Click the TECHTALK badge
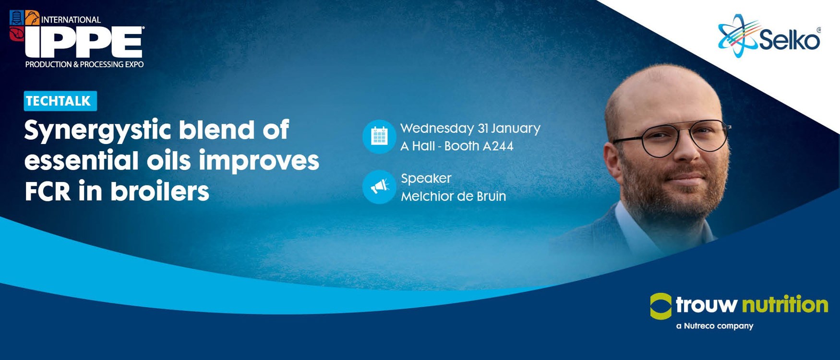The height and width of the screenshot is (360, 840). [60, 101]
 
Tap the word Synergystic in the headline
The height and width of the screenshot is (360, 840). [98, 131]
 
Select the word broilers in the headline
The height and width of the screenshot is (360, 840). [160, 191]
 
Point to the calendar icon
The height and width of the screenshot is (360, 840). [379, 136]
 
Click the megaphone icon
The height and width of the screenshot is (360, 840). [379, 187]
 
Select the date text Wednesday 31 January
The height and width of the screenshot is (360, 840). [470, 129]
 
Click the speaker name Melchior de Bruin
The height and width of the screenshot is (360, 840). [454, 196]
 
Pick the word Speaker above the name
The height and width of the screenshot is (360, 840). [426, 179]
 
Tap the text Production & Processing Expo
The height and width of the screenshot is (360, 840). [84, 64]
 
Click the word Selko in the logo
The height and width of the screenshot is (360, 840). [790, 39]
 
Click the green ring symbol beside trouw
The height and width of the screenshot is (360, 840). [660, 306]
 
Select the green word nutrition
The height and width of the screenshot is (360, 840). [785, 304]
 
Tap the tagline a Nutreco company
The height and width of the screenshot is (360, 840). [715, 326]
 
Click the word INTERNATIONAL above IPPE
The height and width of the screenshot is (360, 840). [71, 20]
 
